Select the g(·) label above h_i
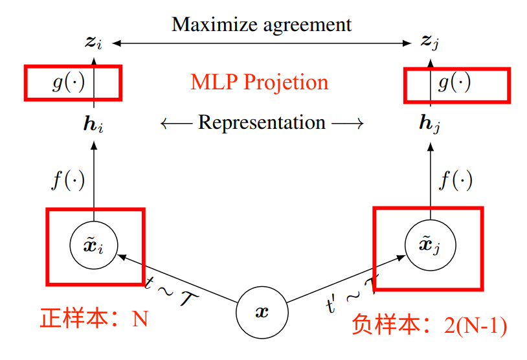click(68, 84)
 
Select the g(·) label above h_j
click(454, 84)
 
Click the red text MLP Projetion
click(259, 82)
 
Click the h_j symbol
click(429, 123)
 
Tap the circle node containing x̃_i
click(95, 245)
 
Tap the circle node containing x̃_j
click(430, 245)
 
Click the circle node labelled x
click(262, 312)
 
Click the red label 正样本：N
click(95, 318)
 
